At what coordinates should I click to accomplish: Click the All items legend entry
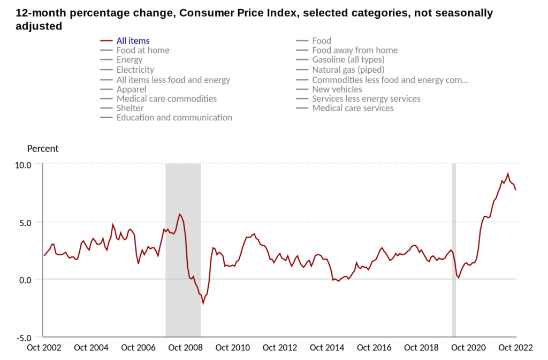(133, 41)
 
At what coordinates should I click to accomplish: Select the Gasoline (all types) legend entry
(347, 60)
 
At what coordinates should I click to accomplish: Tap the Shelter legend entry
(130, 108)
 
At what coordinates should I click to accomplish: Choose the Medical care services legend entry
(353, 108)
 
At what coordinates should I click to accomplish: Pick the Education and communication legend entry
(174, 118)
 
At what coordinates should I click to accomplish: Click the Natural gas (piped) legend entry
(348, 70)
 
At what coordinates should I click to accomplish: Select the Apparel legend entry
(131, 89)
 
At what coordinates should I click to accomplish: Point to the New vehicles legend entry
(337, 89)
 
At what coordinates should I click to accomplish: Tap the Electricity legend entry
(135, 70)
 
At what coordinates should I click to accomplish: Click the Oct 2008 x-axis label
(186, 348)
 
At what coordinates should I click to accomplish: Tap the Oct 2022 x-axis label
(516, 348)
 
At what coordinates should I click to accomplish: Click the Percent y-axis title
(43, 149)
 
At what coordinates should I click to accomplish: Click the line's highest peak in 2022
(508, 174)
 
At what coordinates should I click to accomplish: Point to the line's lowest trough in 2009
(203, 303)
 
